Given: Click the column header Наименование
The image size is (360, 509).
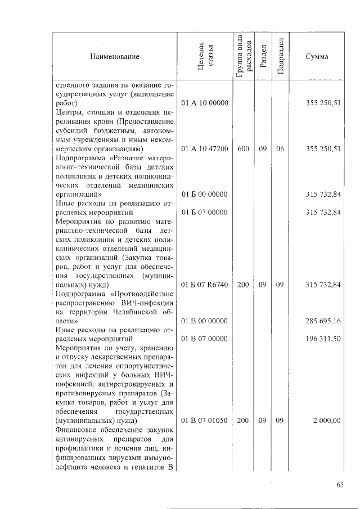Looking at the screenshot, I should pos(114,57).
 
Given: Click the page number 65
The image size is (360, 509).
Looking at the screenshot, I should pos(339,487).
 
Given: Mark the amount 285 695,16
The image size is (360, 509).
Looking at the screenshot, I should pos(322,321).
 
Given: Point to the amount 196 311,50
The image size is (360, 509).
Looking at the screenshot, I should pos(322,339).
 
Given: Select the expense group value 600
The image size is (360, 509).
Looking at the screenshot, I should pos(243,148).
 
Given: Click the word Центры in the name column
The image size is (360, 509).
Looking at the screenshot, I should pos(69,112).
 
